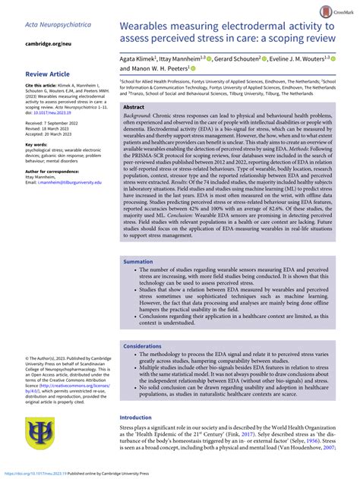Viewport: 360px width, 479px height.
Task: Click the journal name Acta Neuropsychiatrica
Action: (58, 25)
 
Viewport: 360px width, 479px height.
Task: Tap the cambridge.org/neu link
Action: (49, 45)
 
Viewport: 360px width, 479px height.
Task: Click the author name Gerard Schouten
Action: (238, 58)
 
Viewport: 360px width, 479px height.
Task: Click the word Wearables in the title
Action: (152, 26)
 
